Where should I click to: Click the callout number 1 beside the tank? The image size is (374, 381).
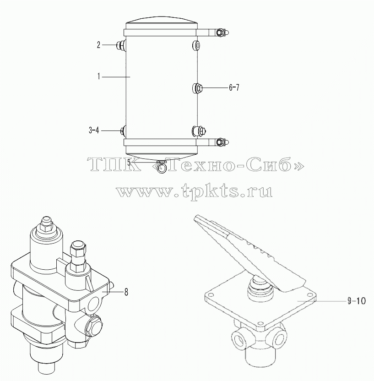point(98,76)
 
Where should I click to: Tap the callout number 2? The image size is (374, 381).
point(98,45)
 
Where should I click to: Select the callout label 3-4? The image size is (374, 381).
point(94,131)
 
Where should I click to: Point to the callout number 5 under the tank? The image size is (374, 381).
point(129,162)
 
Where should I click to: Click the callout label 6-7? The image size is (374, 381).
point(234,87)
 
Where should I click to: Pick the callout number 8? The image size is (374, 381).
point(126,292)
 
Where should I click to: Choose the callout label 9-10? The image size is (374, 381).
point(356,301)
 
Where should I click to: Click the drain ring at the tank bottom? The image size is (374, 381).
point(161,168)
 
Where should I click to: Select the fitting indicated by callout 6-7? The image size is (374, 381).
point(197,88)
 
